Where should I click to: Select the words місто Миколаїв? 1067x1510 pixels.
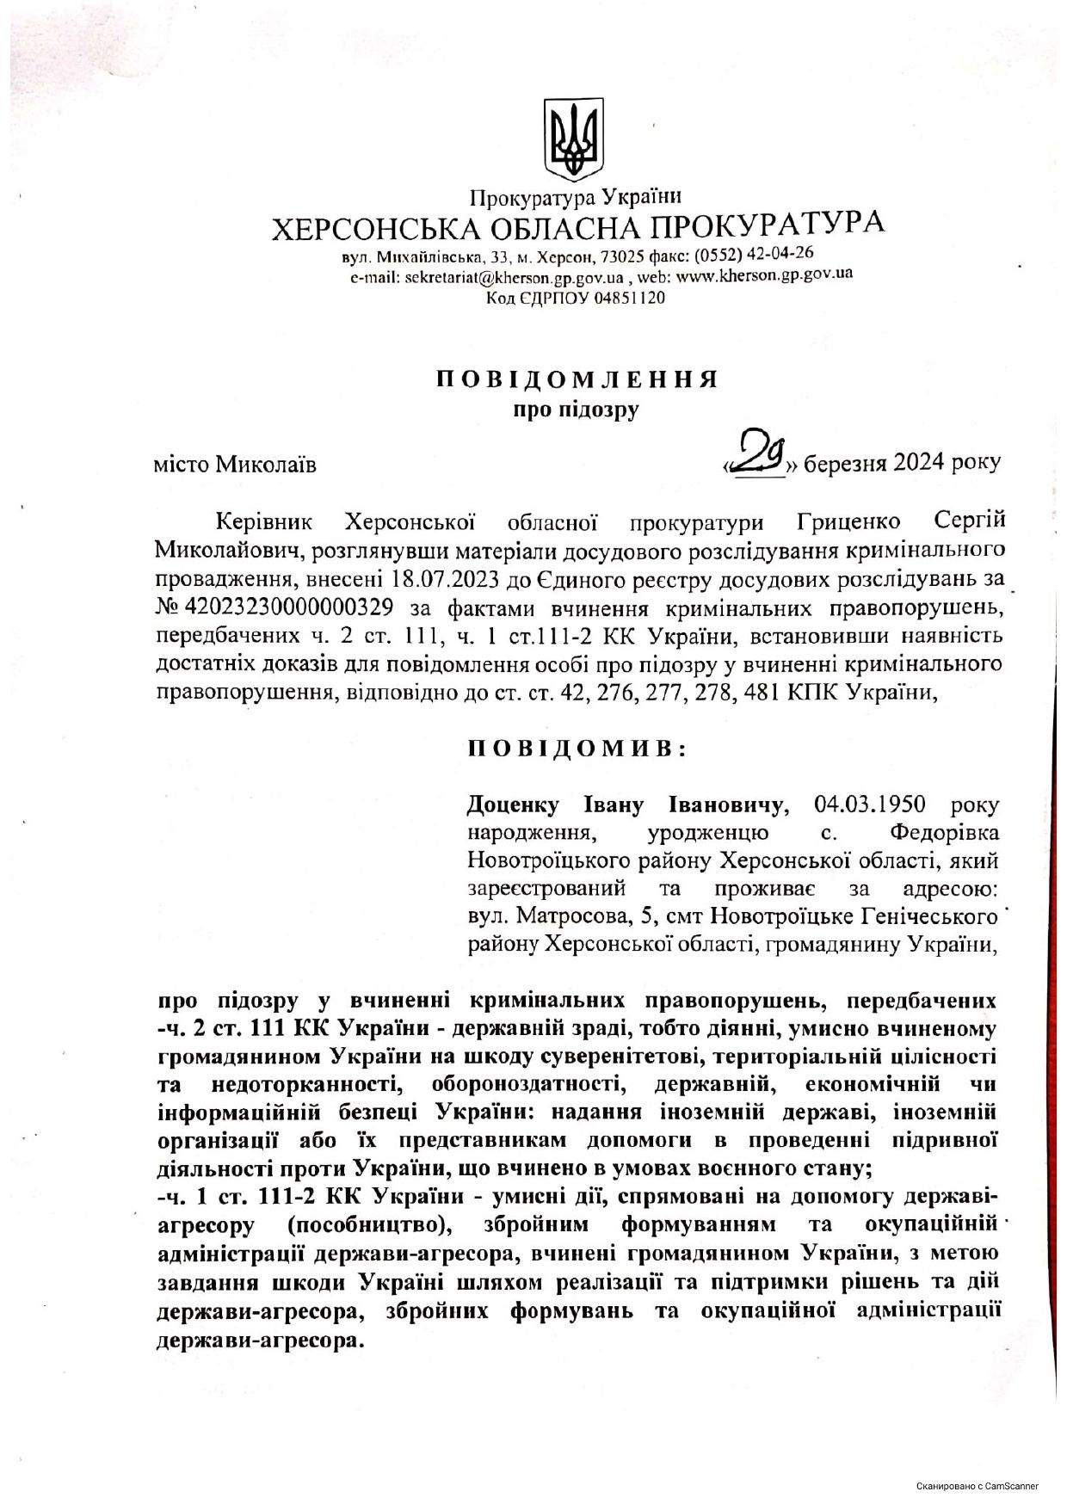click(x=235, y=465)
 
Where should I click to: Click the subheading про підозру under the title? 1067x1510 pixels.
click(x=577, y=410)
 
